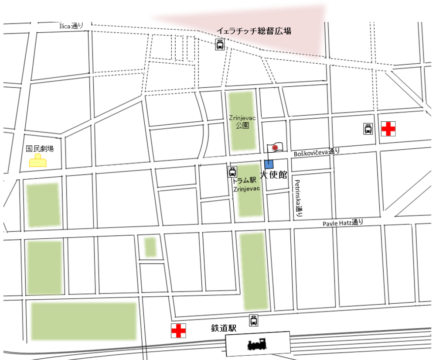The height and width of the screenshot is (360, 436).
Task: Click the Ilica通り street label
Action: coord(71,26)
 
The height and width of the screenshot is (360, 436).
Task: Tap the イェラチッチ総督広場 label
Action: coord(254,31)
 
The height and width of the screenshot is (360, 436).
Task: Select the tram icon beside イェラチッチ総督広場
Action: coord(220,45)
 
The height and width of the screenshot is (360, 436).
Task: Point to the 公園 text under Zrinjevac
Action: coord(242,125)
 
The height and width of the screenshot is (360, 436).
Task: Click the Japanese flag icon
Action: coord(275,148)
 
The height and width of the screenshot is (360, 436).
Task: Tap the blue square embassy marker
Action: coord(269,164)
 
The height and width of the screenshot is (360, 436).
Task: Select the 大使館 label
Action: coord(273,175)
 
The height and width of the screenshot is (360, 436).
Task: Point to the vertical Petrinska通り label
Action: coord(298,199)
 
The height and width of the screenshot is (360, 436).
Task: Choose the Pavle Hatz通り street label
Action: coord(343,223)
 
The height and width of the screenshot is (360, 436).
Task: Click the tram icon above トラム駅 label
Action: coord(233,171)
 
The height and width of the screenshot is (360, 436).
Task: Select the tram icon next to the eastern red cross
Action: coord(368,129)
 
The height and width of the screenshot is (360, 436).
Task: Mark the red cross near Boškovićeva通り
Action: coord(388,129)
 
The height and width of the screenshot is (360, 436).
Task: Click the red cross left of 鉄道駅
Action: coord(178,331)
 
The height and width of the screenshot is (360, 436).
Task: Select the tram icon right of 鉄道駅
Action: coord(254,320)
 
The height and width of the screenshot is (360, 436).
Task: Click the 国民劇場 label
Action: coord(40,149)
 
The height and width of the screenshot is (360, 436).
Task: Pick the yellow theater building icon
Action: coord(38,161)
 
